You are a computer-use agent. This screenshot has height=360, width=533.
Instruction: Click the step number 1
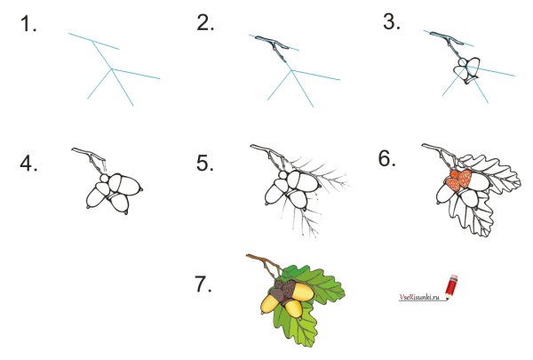28,25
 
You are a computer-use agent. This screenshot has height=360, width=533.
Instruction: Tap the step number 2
205,23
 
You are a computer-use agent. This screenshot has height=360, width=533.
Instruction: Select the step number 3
392,22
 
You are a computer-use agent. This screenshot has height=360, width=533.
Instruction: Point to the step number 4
28,164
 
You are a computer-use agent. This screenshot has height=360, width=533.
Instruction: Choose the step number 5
205,163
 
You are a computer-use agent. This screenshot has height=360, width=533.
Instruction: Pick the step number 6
387,158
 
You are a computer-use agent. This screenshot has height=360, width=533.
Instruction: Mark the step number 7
203,284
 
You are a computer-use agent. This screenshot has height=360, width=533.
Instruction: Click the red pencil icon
451,287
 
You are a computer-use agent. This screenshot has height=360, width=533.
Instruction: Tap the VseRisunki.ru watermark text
419,297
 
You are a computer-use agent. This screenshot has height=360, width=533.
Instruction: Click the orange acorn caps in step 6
459,180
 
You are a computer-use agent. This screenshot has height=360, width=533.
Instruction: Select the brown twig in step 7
264,265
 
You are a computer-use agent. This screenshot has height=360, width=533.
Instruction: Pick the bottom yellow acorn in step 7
294,308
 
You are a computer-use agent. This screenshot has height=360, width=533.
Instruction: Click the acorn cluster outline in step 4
115,193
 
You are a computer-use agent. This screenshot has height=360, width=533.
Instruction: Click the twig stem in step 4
90,157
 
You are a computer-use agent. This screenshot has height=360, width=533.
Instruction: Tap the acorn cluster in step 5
292,189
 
